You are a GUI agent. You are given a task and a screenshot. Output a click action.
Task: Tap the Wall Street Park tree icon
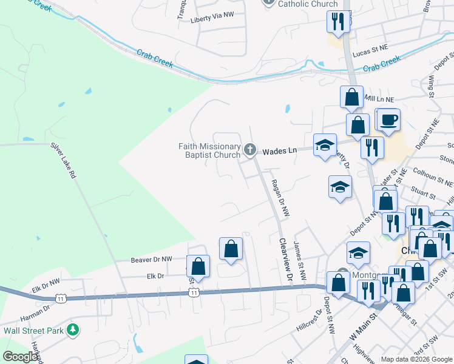(x=73, y=330)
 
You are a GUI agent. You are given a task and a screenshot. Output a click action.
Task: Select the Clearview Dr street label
(x=284, y=258)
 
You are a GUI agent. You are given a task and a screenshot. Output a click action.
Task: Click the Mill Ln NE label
(x=379, y=98)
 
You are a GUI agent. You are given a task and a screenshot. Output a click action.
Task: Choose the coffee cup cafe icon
(x=388, y=119)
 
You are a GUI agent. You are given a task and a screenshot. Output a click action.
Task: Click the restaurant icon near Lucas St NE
(x=337, y=22)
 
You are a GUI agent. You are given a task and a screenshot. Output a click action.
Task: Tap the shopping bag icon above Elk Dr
(x=231, y=248)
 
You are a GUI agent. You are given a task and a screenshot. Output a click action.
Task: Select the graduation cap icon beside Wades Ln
(x=325, y=144)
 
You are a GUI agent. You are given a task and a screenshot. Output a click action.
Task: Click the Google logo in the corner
(x=19, y=357)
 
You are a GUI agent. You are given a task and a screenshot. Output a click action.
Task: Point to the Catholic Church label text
(x=308, y=4)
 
